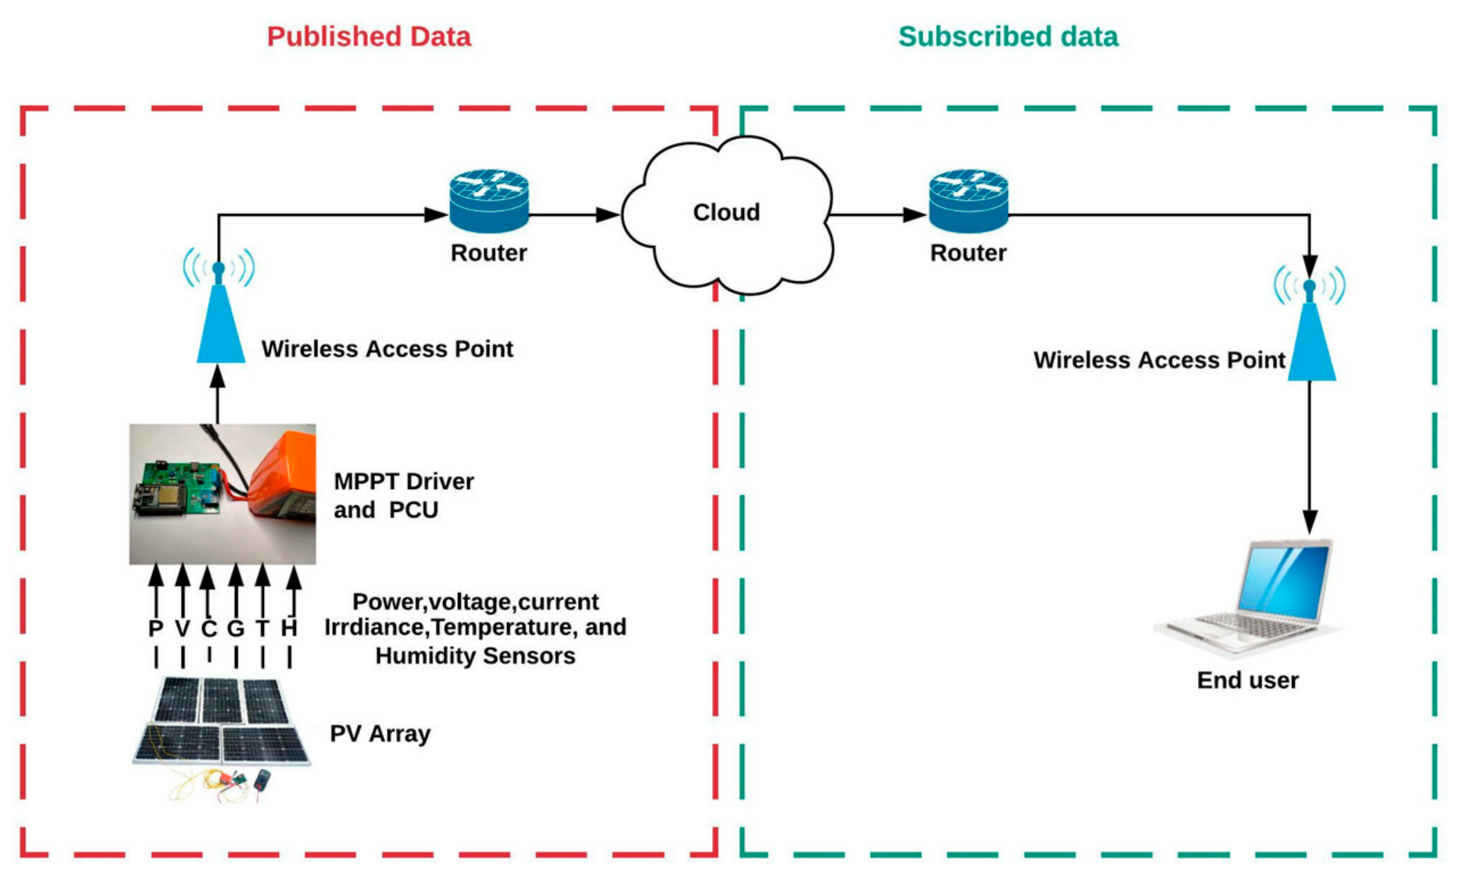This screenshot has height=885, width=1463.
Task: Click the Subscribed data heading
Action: pos(1008,37)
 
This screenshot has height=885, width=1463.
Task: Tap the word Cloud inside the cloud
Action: pos(725,212)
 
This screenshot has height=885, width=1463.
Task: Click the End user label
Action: pos(1247,680)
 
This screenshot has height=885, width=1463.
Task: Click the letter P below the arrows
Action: pos(156,628)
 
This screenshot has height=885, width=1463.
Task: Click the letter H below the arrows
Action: pos(289,628)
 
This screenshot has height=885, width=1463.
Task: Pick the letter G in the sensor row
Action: pos(235,628)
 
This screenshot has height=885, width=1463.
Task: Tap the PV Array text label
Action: pos(380,734)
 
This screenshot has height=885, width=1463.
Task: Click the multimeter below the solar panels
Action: pos(262,779)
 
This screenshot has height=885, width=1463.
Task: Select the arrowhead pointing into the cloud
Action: pos(607,215)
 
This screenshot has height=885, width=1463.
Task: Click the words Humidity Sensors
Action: pos(475,656)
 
